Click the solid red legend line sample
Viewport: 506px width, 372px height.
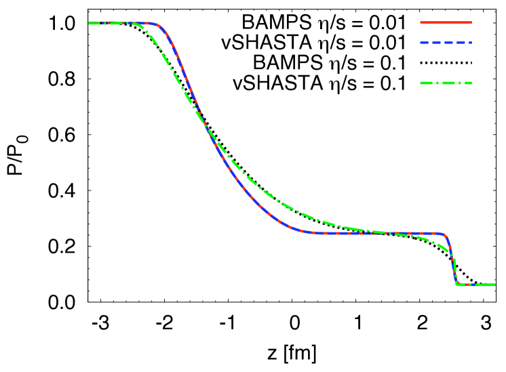click(446, 22)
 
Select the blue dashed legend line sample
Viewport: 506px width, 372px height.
click(446, 43)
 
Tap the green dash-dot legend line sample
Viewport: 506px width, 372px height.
click(446, 83)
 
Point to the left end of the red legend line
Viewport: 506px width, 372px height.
click(421, 22)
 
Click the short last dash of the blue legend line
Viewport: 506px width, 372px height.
click(469, 43)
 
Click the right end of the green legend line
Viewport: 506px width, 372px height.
click(471, 83)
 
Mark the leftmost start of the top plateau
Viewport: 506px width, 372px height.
click(90, 23)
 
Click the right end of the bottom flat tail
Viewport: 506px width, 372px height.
click(494, 285)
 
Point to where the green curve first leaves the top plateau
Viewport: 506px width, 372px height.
click(136, 25)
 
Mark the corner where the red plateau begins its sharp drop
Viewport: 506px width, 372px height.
click(445, 235)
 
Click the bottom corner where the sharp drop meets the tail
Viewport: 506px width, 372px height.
click(456, 283)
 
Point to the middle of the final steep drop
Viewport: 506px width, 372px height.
click(452, 261)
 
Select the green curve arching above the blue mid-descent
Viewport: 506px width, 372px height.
click(271, 196)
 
